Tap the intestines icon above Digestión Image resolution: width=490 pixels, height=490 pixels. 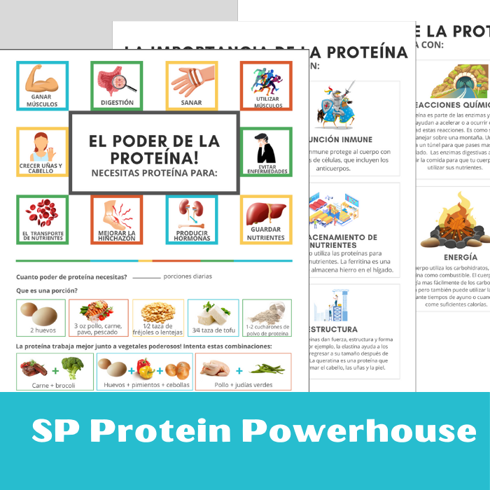pos(116,81)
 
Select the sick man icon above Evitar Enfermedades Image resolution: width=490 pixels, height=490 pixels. pos(265,148)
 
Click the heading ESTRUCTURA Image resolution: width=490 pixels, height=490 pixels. pos(332,329)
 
